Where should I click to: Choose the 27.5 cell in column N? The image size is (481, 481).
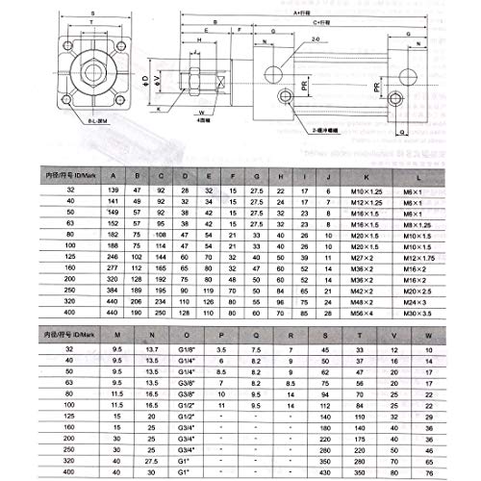pos(150,461)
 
